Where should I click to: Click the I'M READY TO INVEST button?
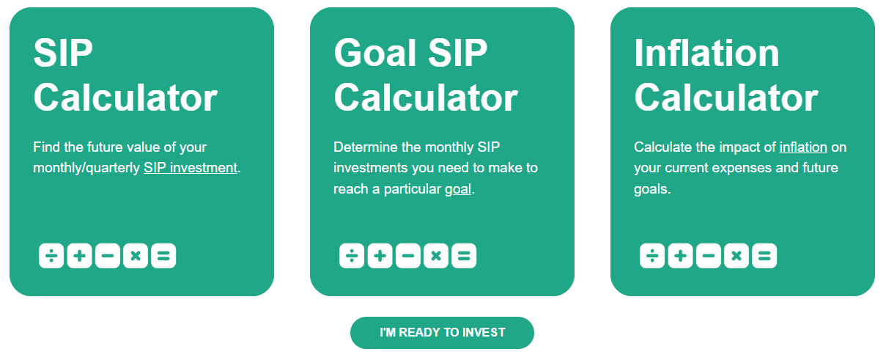pyautogui.click(x=442, y=333)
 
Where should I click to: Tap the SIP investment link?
pyautogui.click(x=191, y=168)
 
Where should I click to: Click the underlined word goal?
pyautogui.click(x=458, y=189)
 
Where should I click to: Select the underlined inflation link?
pyautogui.click(x=803, y=147)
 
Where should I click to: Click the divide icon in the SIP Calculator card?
pyautogui.click(x=51, y=256)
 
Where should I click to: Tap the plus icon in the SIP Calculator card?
pyautogui.click(x=79, y=256)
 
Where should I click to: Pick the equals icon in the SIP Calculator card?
pyautogui.click(x=163, y=256)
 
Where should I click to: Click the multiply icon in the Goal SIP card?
pyautogui.click(x=436, y=256)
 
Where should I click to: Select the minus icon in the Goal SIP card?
pyautogui.click(x=408, y=256)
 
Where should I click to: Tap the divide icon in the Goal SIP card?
pyautogui.click(x=352, y=256)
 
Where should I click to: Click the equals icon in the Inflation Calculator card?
pyautogui.click(x=764, y=256)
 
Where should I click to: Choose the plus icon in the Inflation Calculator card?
pyautogui.click(x=680, y=256)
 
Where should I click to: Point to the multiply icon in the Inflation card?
pyautogui.click(x=736, y=256)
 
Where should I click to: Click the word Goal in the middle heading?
pyautogui.click(x=375, y=53)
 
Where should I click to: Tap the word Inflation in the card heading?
pyautogui.click(x=707, y=53)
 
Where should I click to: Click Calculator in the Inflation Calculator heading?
pyautogui.click(x=726, y=98)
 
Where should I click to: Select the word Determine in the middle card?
pyautogui.click(x=364, y=147)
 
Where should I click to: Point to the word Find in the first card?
pyautogui.click(x=47, y=147)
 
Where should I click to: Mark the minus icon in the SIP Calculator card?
pyautogui.click(x=108, y=256)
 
